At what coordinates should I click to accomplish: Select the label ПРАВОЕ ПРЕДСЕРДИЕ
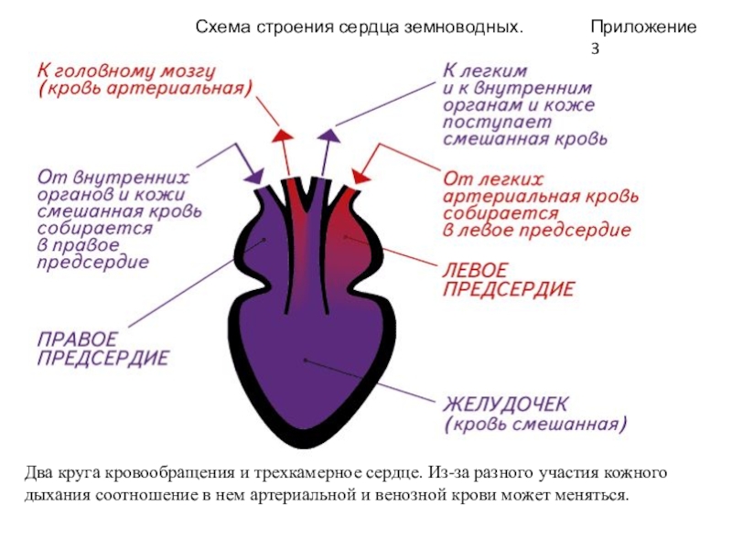click(x=102, y=348)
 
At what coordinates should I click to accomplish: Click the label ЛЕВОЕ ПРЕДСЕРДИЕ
click(x=509, y=280)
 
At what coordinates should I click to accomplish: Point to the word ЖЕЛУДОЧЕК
click(x=507, y=404)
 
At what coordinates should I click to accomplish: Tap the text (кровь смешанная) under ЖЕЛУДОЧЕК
click(x=535, y=425)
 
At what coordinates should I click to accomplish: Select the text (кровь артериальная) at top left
click(x=144, y=89)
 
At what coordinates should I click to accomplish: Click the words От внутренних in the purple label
click(x=113, y=176)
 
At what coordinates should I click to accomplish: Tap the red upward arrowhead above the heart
click(x=282, y=137)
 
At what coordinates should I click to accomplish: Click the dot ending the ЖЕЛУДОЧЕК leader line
click(x=305, y=360)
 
